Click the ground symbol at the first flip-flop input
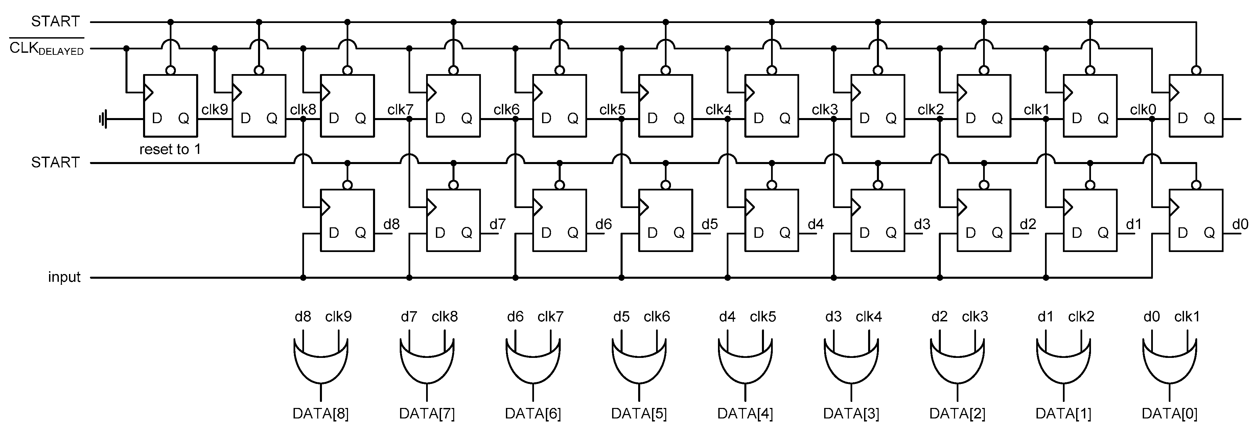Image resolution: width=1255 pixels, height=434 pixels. pos(103,118)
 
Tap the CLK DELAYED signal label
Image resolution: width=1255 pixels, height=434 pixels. pos(47,49)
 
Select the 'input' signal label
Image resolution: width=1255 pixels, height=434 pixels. pos(64,277)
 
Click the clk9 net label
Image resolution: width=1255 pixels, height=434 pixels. pos(214,109)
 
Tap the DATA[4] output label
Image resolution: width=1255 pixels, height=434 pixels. pos(745,414)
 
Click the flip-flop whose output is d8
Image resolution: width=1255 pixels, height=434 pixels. pos(347,220)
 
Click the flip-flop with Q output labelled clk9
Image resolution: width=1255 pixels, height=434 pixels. pos(170,105)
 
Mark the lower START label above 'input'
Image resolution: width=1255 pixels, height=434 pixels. pos(55,162)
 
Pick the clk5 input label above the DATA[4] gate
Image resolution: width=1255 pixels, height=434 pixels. pos(763,317)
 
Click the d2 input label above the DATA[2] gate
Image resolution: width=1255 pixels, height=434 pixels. pos(939,317)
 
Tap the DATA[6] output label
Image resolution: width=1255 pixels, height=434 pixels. pos(533,414)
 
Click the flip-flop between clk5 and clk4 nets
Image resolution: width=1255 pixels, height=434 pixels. pos(666,105)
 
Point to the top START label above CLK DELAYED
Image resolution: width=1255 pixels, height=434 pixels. pos(55,21)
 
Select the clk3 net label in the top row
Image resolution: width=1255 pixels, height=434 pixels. pos(824,110)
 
